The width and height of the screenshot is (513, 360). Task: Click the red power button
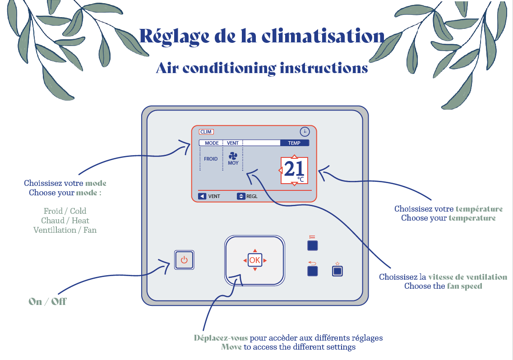click(x=184, y=260)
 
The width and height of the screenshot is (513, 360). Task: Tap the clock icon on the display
click(x=305, y=132)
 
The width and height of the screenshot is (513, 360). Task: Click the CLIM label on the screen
click(x=206, y=132)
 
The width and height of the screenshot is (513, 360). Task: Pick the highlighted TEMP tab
click(x=294, y=143)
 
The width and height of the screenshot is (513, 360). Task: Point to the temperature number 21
click(x=294, y=169)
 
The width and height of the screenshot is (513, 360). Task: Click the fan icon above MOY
click(x=233, y=156)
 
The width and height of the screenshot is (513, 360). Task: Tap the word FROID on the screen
click(x=211, y=159)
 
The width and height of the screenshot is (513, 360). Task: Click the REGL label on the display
click(x=252, y=196)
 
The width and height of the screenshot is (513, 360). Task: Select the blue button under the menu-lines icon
click(x=312, y=245)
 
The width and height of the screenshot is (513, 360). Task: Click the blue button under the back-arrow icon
click(x=312, y=271)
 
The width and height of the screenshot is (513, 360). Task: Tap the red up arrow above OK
click(x=255, y=250)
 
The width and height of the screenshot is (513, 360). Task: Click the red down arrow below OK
click(x=255, y=269)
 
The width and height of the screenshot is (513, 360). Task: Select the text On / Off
click(x=47, y=301)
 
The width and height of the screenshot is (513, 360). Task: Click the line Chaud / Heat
click(x=65, y=221)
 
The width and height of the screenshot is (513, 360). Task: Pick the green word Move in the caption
click(x=231, y=347)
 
